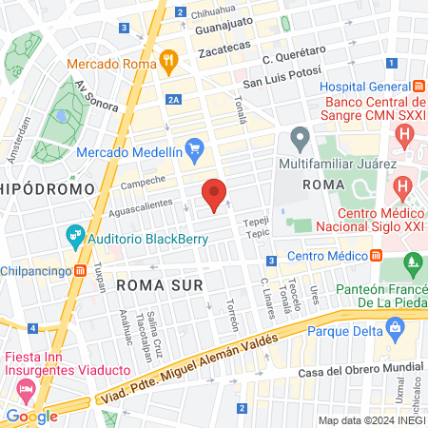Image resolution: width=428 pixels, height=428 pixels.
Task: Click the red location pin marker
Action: click(x=215, y=194)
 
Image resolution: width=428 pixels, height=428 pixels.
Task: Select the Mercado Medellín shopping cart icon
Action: click(x=196, y=147)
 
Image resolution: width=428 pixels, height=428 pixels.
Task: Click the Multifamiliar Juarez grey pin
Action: click(x=301, y=140)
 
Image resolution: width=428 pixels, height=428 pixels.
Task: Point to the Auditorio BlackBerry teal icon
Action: click(x=73, y=234)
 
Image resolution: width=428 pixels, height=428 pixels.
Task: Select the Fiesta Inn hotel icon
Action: click(x=26, y=390)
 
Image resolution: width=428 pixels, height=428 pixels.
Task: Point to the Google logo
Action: click(x=31, y=416)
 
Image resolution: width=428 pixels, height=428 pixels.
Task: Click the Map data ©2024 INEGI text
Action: click(x=370, y=420)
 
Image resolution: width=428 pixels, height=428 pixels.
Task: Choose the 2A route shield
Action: click(x=172, y=98)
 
